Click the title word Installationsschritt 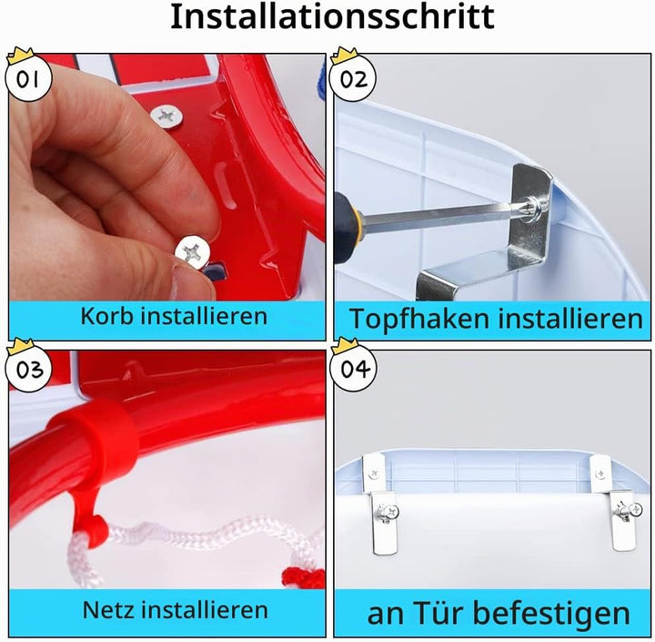tap(332, 16)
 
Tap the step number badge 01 tap(28, 78)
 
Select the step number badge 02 tap(353, 78)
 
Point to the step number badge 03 tap(28, 369)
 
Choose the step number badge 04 tap(353, 369)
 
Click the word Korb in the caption tap(107, 315)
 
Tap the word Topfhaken tap(419, 320)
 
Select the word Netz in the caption tap(109, 610)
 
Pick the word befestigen tap(551, 614)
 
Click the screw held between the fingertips tap(193, 251)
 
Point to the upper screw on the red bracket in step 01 tap(166, 117)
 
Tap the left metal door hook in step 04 tap(381, 504)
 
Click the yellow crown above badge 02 tap(344, 56)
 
